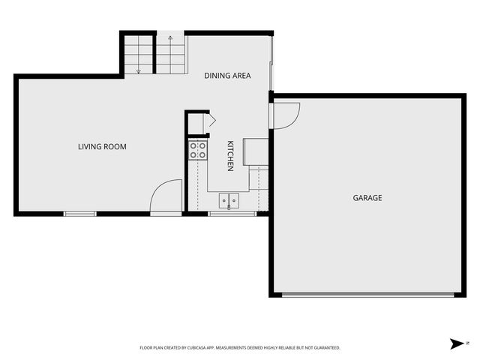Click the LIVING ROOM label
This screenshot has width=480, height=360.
102,147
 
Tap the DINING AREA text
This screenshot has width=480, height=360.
227,76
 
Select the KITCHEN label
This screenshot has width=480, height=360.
231,156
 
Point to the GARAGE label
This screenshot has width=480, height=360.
367,198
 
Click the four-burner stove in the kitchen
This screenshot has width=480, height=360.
198,150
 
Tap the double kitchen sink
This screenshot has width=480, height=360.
229,200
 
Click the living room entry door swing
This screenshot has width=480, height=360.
166,196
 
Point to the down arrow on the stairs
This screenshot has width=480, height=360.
139,69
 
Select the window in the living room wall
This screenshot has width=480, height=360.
80,214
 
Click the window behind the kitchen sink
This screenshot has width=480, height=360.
229,214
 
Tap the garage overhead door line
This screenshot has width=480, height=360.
367,295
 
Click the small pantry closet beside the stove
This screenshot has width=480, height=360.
196,124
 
